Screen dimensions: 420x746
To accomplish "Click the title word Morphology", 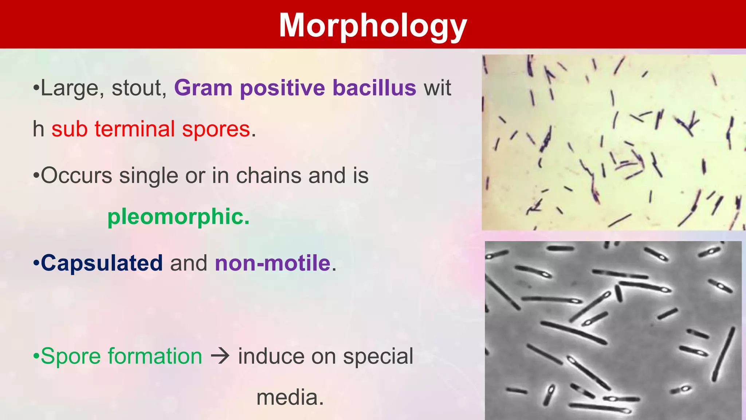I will pyautogui.click(x=373, y=26).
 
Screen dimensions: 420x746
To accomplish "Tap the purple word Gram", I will pyautogui.click(x=203, y=88).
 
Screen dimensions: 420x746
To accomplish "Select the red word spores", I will pyautogui.click(x=216, y=129).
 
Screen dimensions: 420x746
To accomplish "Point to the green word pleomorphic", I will pyautogui.click(x=178, y=217).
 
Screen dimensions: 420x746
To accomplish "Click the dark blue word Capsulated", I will pyautogui.click(x=102, y=263).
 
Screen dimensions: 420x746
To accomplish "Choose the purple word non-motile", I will pyautogui.click(x=272, y=263).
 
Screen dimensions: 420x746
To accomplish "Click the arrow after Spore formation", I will pyautogui.click(x=220, y=356).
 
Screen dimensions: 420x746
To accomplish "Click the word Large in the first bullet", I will pyautogui.click(x=70, y=89).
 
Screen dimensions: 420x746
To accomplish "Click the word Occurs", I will pyautogui.click(x=76, y=175).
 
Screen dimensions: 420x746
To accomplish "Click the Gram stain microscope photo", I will pyautogui.click(x=613, y=142).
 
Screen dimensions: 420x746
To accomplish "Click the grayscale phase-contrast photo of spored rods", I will pyautogui.click(x=613, y=330).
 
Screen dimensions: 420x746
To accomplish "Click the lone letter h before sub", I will pyautogui.click(x=38, y=129).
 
